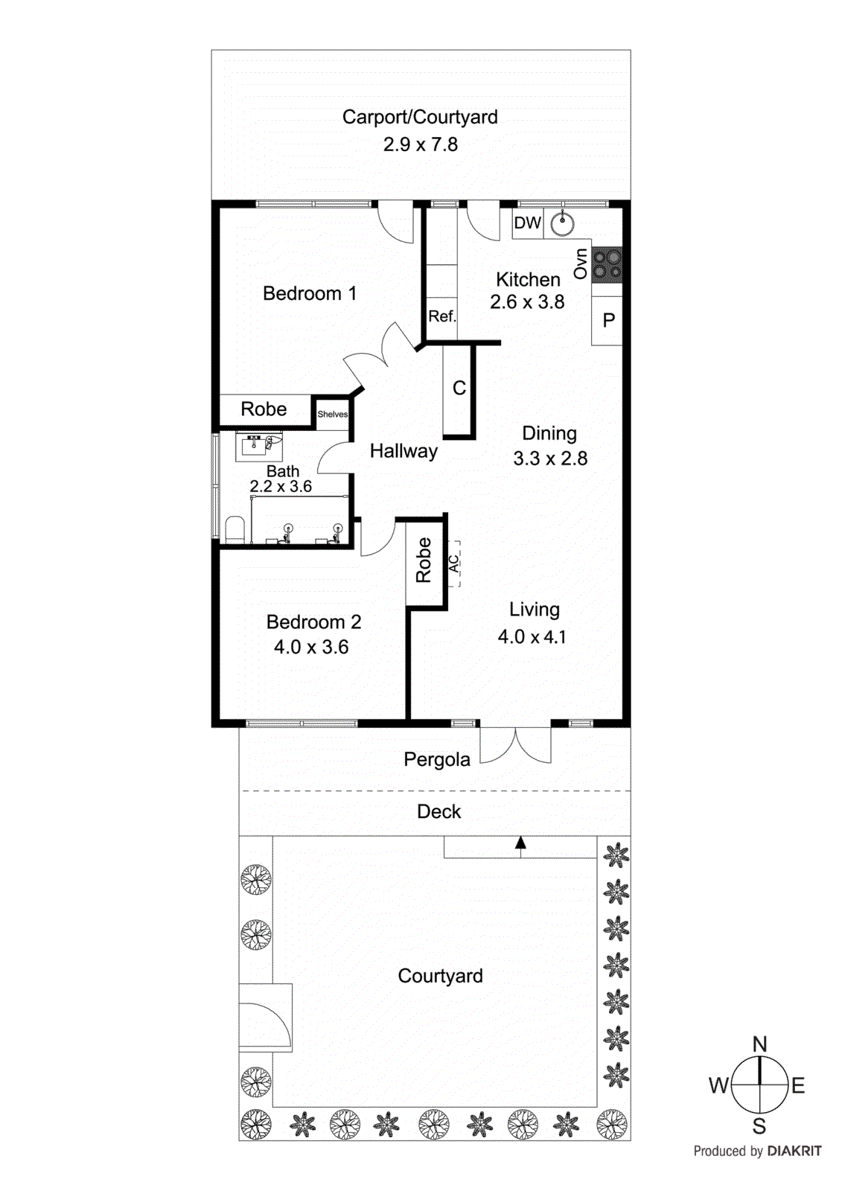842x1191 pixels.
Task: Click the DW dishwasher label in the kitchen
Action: [x=527, y=223]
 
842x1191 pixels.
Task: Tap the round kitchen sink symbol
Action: [x=562, y=223]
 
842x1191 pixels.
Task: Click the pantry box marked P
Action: [x=608, y=320]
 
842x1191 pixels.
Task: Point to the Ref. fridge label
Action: [x=441, y=316]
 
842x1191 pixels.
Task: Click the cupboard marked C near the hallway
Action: [x=459, y=389]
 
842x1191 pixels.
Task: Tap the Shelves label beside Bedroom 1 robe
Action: [x=332, y=415]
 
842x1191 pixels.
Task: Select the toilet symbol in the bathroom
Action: [x=235, y=529]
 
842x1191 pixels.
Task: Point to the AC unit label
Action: [x=453, y=564]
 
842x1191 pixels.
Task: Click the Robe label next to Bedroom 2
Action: [x=424, y=560]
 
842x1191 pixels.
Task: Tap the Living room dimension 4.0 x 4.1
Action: [x=532, y=637]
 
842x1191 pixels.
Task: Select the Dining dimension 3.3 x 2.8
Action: [x=549, y=459]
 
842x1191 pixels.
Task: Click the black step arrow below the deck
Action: [x=520, y=843]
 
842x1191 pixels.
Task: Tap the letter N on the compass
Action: [x=759, y=1044]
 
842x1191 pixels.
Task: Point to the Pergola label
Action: [x=437, y=759]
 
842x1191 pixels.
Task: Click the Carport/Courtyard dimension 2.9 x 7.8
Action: [x=420, y=144]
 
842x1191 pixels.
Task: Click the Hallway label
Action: [x=404, y=451]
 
